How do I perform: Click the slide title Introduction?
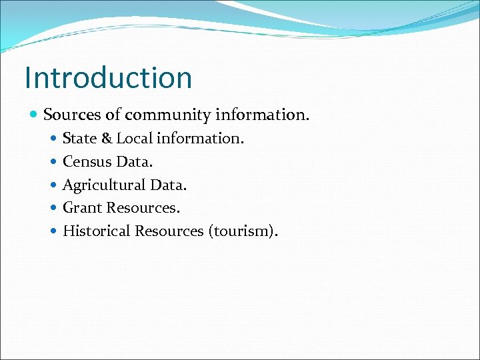pos(108,77)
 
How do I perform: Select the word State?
pos(79,139)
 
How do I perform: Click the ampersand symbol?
pos(107,139)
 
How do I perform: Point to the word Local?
pos(135,139)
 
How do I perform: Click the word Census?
pos(87,161)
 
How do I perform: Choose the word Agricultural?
pos(105,185)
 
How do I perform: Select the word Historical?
pos(96,231)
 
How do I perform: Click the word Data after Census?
pos(133,161)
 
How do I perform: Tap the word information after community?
pos(262,115)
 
